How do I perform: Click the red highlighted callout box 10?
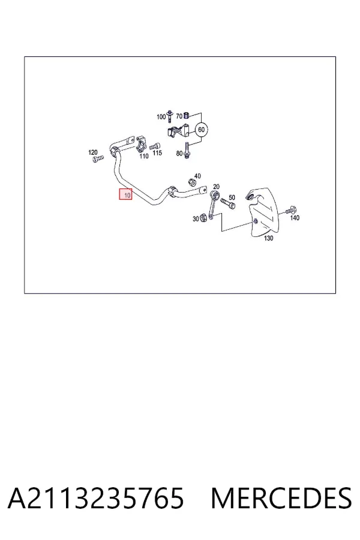point(126,194)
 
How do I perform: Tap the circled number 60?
point(202,130)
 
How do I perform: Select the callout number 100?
point(161,117)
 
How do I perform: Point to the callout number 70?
point(179,116)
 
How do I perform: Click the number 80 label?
point(179,153)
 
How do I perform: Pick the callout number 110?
point(144,156)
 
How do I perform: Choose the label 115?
point(157,152)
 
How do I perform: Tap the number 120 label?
point(93,152)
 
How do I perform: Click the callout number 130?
point(268,238)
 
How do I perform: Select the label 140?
point(295,218)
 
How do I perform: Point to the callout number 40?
point(197,176)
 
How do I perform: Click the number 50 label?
point(232,197)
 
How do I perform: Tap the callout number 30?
point(196,219)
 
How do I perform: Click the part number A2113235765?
point(96,499)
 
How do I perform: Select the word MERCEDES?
point(281,499)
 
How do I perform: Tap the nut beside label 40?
point(192,182)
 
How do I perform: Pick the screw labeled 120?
point(98,159)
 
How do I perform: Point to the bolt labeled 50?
point(228,203)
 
